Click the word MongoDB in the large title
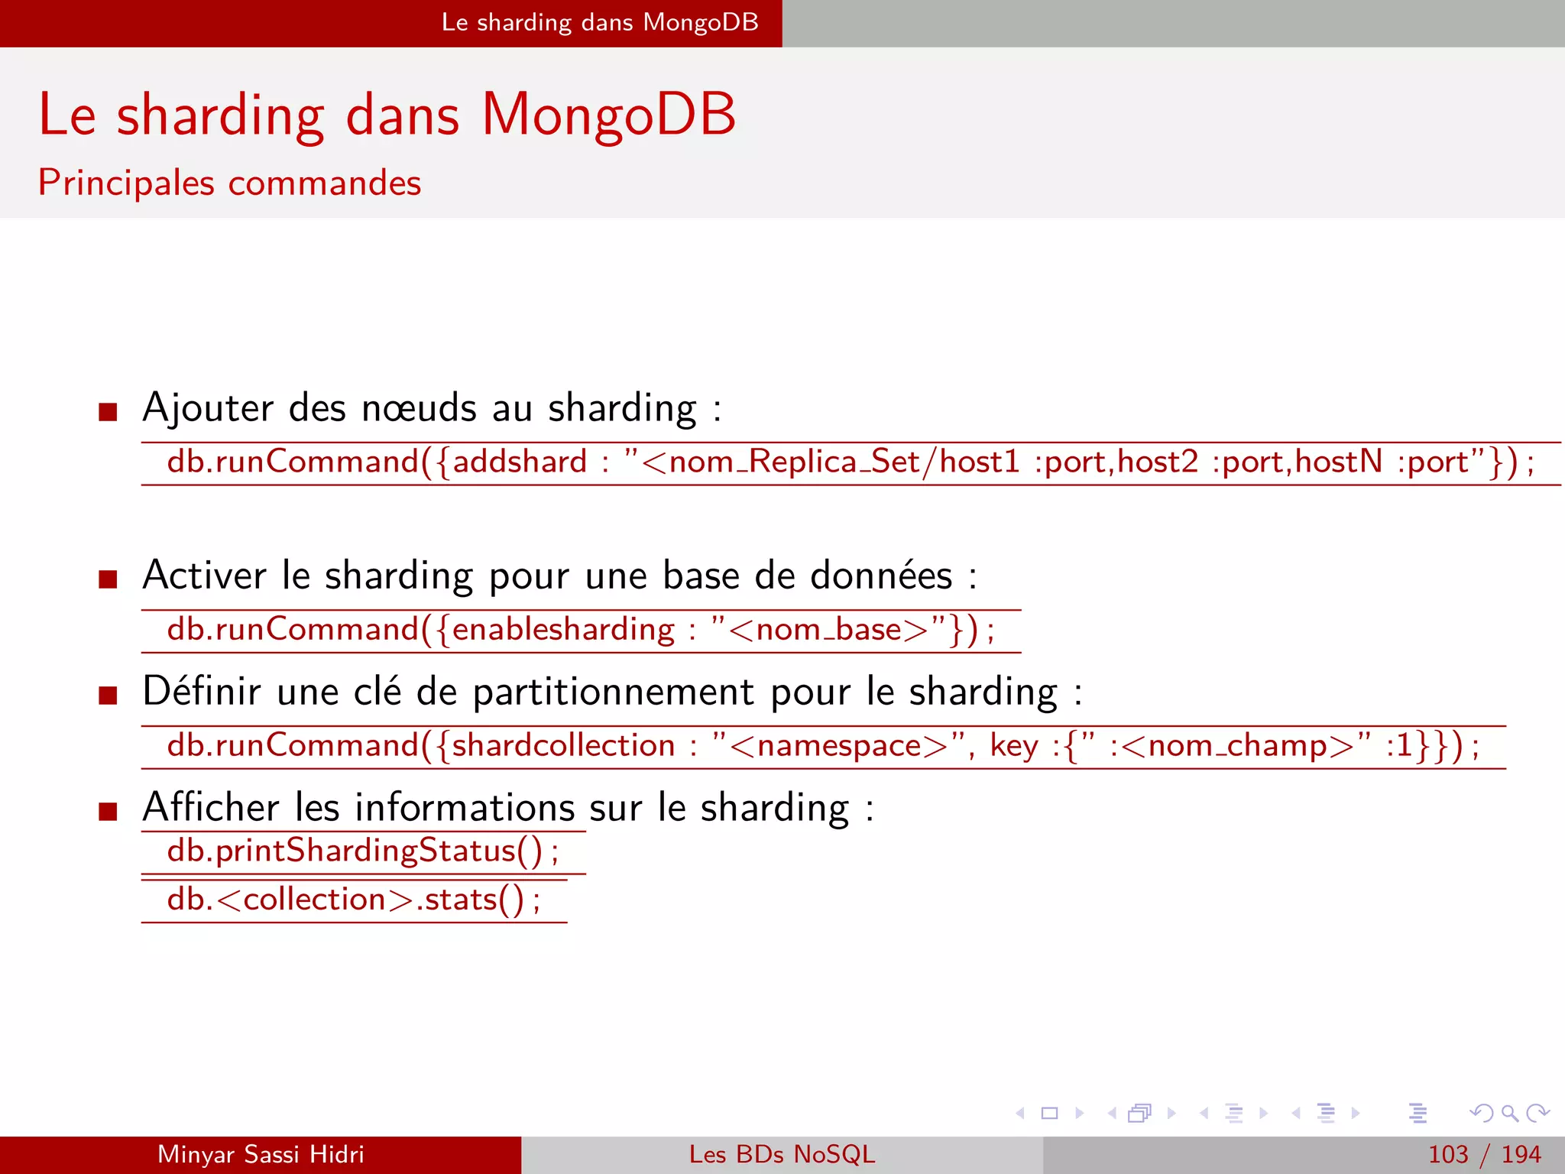608,115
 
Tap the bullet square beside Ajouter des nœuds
108,413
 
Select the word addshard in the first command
520,462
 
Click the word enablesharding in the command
563,630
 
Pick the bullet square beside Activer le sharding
108,579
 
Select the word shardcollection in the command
563,746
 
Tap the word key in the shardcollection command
1014,746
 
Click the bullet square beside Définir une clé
108,696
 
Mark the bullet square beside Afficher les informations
108,811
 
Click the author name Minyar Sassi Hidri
261,1154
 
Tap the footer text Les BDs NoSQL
782,1154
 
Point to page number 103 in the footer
1448,1154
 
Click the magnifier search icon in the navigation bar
1509,1113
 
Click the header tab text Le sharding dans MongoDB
600,23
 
